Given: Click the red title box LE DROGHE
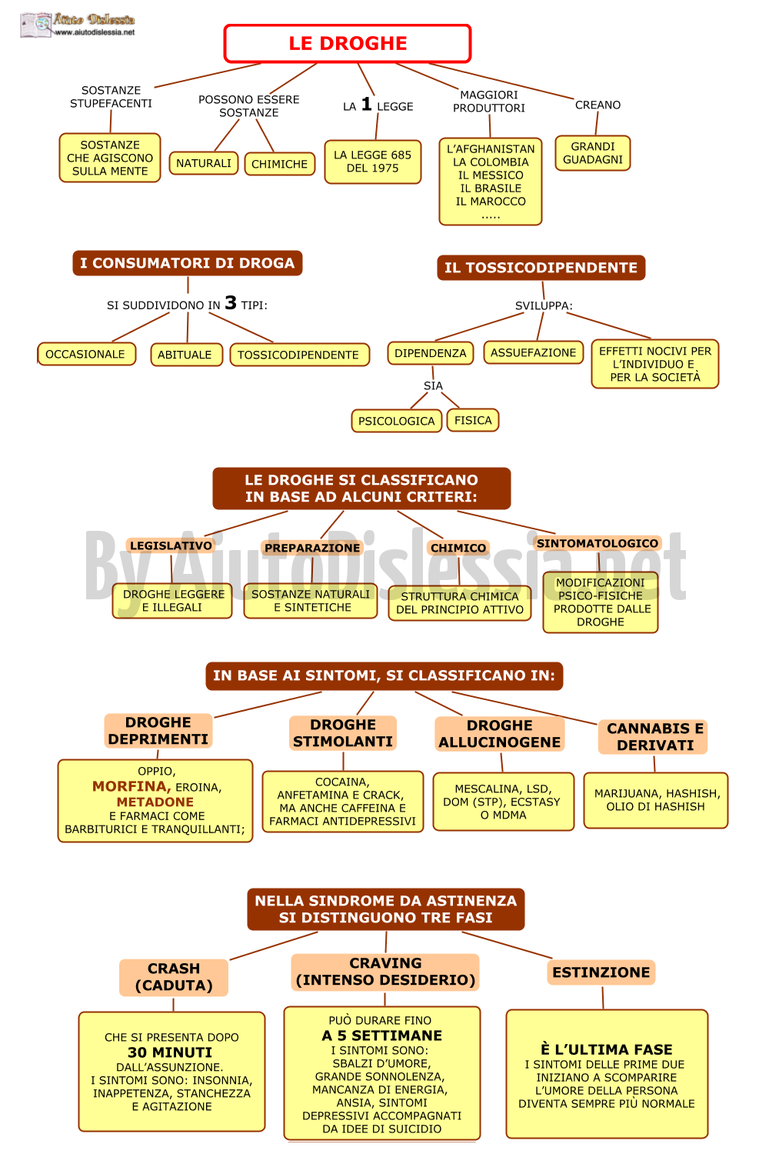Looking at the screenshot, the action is (348, 43).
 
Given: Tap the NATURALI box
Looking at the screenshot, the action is (204, 163).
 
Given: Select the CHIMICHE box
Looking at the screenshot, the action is (280, 164).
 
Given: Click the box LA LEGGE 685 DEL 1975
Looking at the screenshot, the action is (372, 162).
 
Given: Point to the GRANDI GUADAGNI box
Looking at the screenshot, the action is (592, 153).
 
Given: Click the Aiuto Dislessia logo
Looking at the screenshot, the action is (78, 25).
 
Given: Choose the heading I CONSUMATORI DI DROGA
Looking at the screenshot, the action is (188, 263).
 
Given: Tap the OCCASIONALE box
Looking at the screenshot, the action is (86, 355).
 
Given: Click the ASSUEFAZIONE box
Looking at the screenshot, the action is (533, 352).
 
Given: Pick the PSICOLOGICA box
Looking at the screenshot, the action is (397, 421).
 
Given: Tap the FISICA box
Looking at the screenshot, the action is (473, 420).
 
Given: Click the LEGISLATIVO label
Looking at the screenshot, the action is (171, 545).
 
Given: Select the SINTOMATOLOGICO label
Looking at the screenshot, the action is (598, 543).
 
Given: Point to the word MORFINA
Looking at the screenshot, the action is (131, 786).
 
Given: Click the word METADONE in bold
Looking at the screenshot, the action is (155, 802).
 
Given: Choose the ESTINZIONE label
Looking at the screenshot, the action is (601, 972).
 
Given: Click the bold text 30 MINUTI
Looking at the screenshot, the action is (170, 1052).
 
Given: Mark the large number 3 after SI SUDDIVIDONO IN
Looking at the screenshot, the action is (231, 302).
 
